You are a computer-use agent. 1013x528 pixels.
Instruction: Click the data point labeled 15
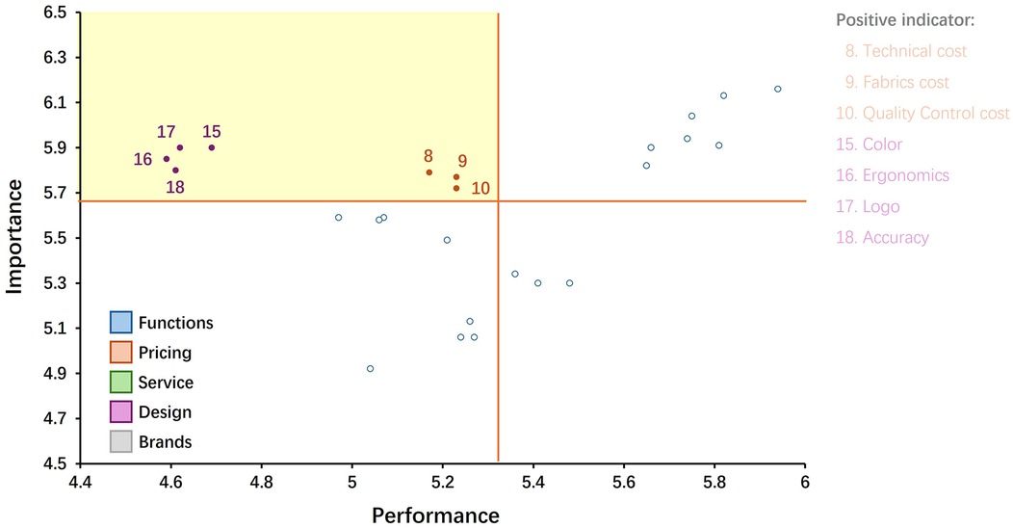click(x=212, y=147)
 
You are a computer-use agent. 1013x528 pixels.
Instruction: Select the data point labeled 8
click(x=429, y=172)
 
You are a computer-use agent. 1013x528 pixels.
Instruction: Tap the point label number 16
click(x=143, y=159)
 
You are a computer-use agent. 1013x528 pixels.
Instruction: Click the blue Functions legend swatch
click(x=121, y=322)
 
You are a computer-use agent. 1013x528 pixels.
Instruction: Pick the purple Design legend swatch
click(x=121, y=412)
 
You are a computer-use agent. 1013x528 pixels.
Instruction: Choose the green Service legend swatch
click(x=121, y=383)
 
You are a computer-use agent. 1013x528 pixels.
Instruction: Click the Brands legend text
click(x=165, y=442)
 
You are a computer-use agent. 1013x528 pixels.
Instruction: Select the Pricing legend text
click(x=165, y=353)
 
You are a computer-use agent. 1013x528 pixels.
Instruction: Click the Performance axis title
click(x=435, y=515)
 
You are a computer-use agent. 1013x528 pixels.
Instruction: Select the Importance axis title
click(x=15, y=237)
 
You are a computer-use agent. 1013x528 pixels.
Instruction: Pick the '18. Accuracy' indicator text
click(x=883, y=237)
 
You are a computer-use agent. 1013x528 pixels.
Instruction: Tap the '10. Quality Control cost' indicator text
click(x=922, y=113)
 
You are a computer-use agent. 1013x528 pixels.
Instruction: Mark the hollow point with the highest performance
click(x=778, y=89)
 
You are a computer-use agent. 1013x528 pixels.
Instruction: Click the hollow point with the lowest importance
click(x=370, y=369)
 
